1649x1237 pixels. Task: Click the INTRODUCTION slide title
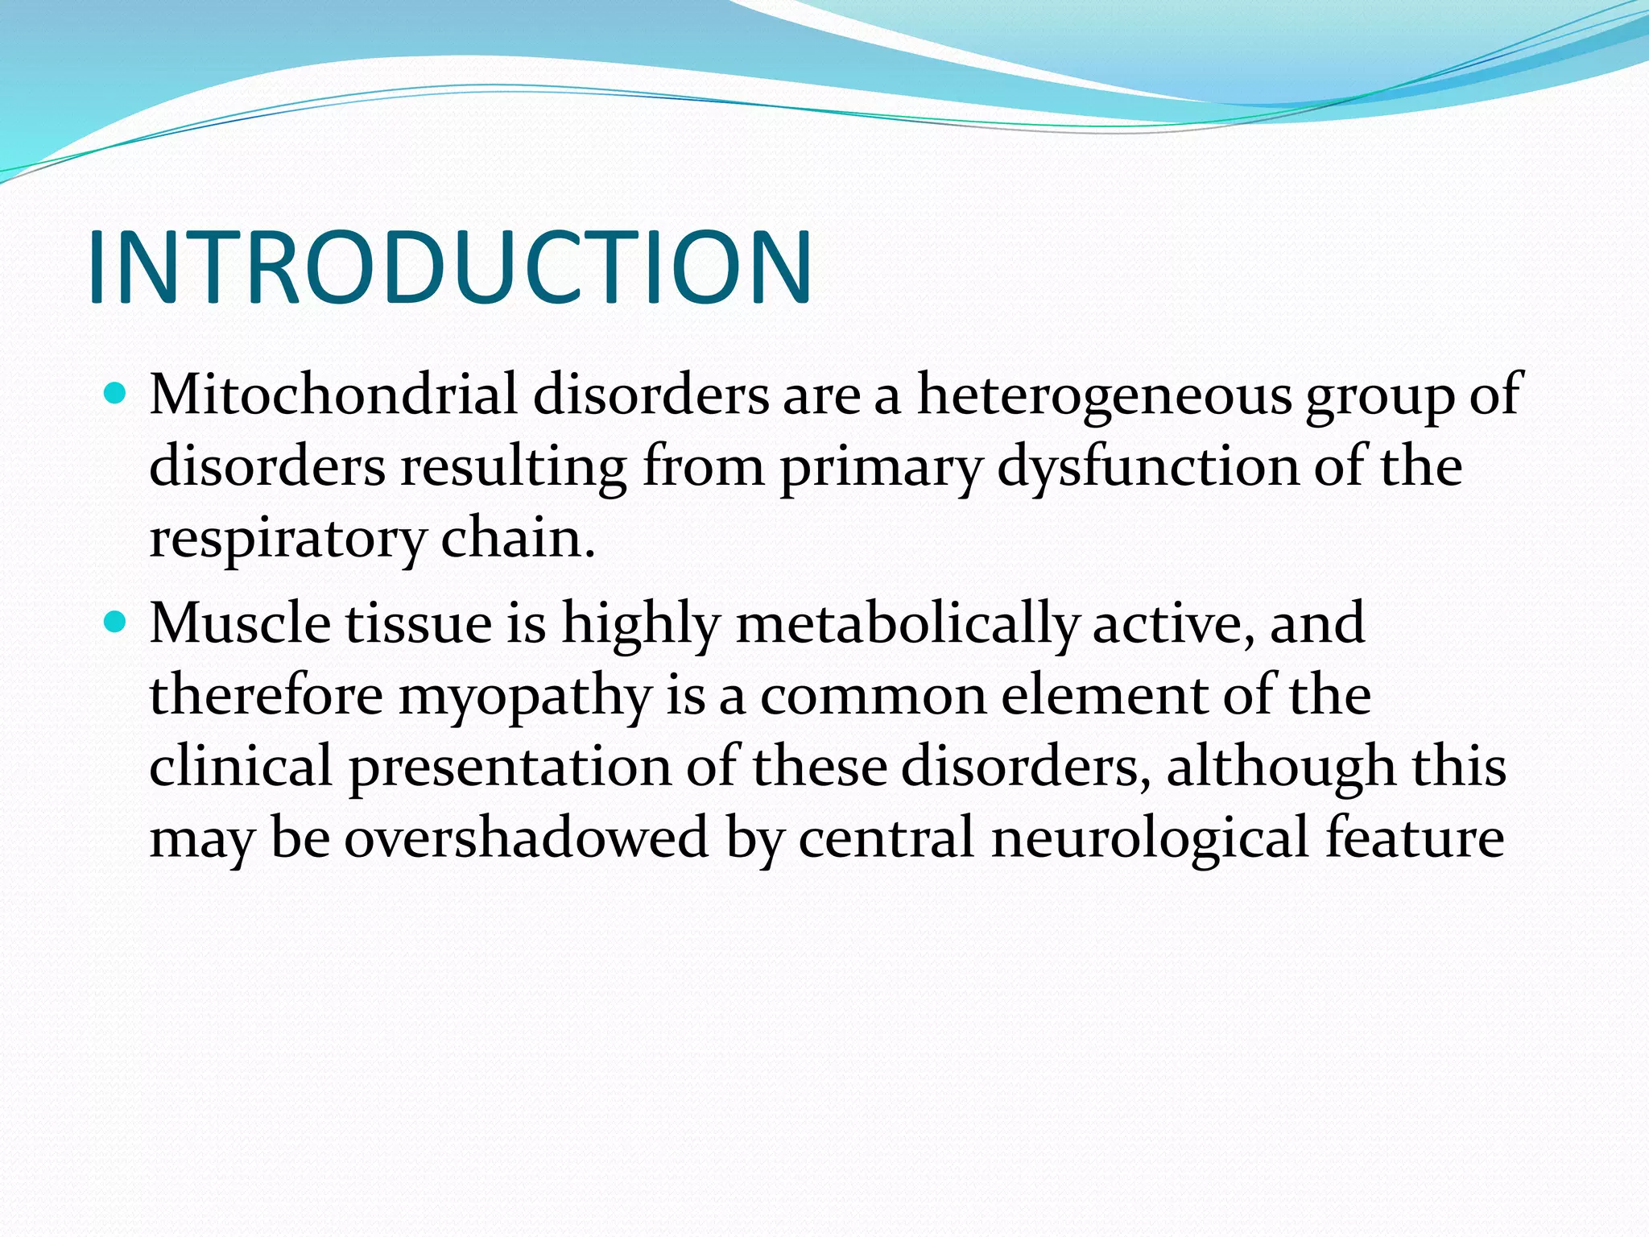coord(449,267)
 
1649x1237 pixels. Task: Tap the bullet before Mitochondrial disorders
coord(116,394)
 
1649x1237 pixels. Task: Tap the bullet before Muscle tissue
coord(116,623)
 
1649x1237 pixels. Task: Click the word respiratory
coord(287,538)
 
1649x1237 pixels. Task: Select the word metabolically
coord(907,624)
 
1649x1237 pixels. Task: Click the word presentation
coord(510,767)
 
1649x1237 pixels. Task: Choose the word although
coord(1280,765)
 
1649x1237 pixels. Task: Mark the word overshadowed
coord(527,837)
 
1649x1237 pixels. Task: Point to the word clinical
coord(241,765)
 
